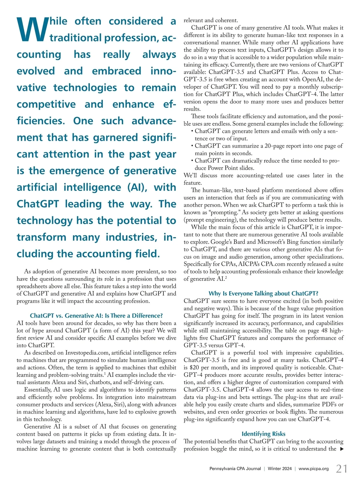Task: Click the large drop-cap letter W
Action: point(32,29)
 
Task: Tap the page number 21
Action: point(342,468)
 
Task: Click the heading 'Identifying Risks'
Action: point(263,434)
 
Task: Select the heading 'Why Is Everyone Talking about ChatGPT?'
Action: point(263,294)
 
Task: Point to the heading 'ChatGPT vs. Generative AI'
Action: point(96,315)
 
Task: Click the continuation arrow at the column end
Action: point(341,449)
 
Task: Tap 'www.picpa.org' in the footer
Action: point(313,468)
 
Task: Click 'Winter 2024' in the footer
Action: point(280,468)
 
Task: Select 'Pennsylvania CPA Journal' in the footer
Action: point(235,468)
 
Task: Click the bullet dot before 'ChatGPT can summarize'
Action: point(192,146)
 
